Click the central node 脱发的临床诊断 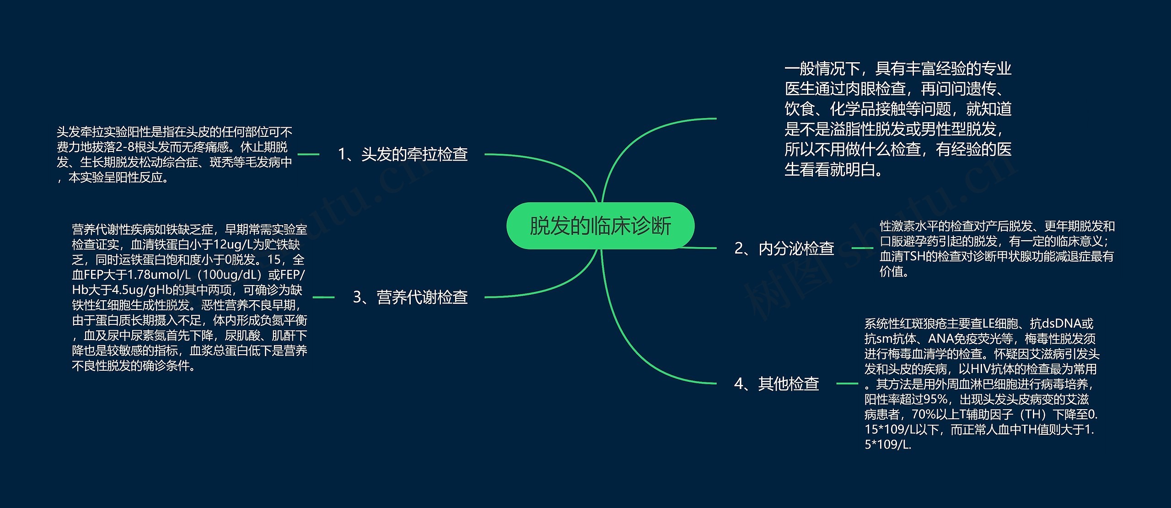tap(600, 226)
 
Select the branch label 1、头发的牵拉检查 tap(403, 154)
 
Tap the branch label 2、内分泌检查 tap(784, 248)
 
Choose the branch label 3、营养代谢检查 tap(410, 297)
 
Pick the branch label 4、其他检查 tap(776, 384)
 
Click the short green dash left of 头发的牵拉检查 tap(308, 155)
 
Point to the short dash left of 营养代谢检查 tap(323, 297)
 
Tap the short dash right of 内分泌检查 tap(863, 248)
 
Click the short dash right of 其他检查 tap(847, 384)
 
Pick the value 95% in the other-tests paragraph tap(935, 400)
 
